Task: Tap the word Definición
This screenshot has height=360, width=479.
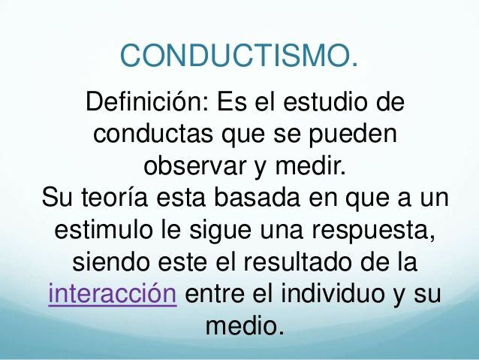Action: tap(147, 101)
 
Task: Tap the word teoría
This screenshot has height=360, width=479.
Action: tap(120, 198)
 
